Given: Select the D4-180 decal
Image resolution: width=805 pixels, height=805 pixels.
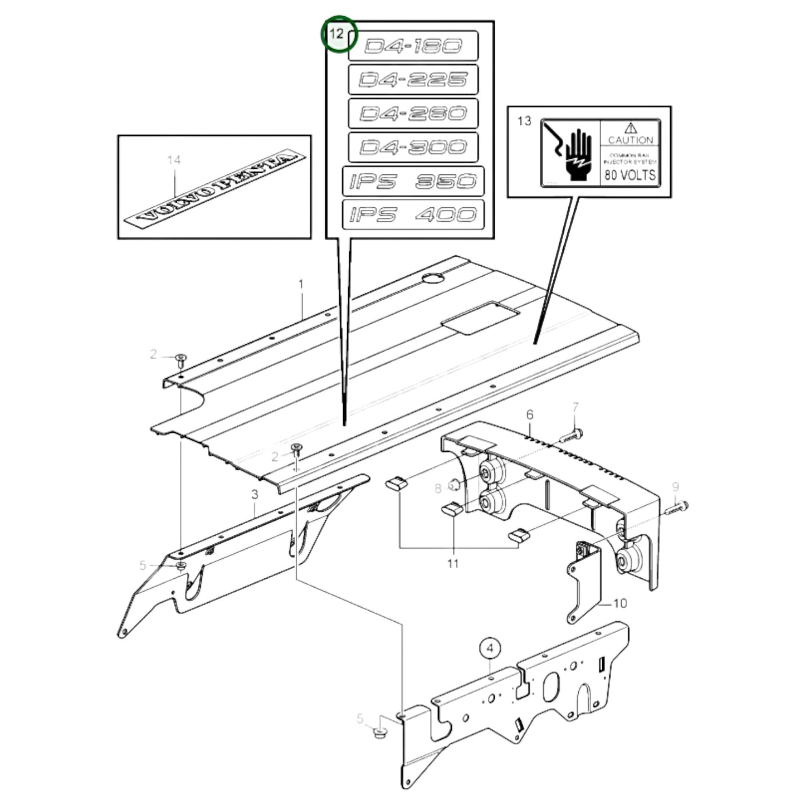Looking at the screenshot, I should tap(413, 46).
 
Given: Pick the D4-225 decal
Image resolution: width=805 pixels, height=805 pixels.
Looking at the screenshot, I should tap(413, 80).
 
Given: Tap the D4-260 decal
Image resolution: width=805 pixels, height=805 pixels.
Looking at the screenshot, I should tap(413, 114).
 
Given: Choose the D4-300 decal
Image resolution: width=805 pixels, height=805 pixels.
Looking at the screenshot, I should tap(413, 147).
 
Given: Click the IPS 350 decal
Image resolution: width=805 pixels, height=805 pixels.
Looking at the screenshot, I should tap(413, 181).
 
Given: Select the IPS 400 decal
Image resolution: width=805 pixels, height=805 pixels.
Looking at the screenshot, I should tap(413, 214).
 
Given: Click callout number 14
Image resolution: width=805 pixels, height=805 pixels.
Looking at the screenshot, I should tap(174, 160).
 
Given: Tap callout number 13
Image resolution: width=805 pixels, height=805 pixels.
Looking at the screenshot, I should tap(524, 121).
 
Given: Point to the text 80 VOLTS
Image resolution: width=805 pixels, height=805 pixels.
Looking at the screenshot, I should tap(630, 175).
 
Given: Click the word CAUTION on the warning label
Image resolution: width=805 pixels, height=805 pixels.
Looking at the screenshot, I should tap(630, 140).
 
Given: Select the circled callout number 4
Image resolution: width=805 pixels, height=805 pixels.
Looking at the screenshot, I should tap(490, 648).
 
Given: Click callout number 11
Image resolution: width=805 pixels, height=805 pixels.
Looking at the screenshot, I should tap(453, 563).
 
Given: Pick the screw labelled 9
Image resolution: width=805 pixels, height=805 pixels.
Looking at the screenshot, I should tap(676, 507).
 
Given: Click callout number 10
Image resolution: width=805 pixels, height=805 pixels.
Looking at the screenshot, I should tap(619, 603).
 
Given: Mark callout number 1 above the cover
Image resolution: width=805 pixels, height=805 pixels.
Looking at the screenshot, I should tap(301, 285).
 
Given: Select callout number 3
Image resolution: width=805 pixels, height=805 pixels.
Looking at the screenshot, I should tap(255, 494).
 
